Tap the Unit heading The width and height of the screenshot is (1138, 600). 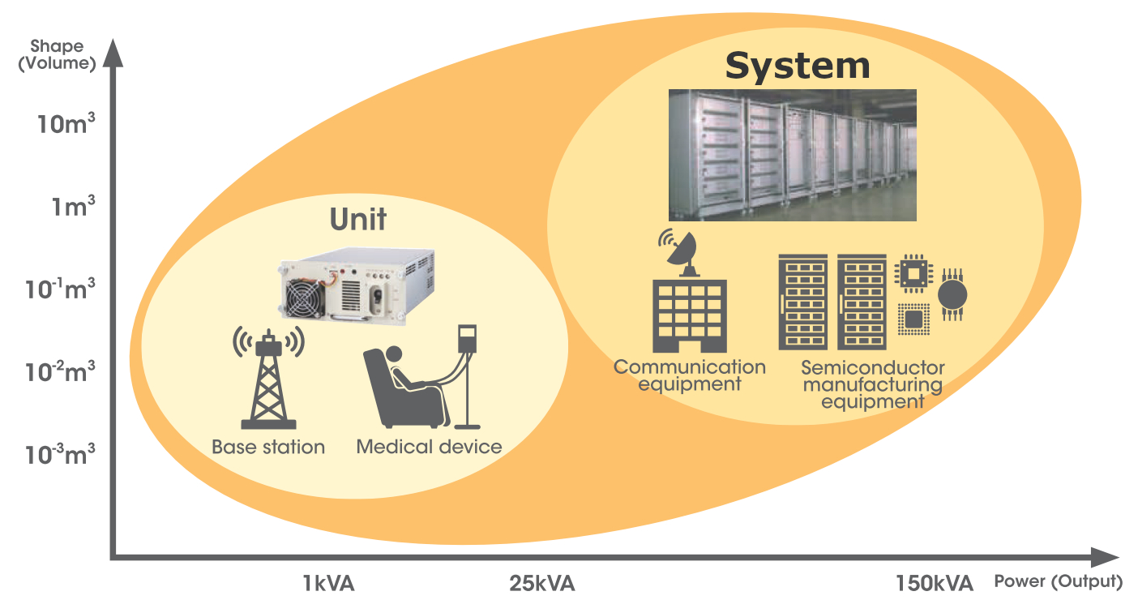click(x=357, y=220)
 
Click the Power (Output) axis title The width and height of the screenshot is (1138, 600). click(x=1058, y=581)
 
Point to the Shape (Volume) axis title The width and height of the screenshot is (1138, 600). click(x=57, y=55)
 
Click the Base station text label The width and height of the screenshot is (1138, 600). click(x=268, y=447)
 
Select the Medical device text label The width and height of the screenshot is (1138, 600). click(x=429, y=447)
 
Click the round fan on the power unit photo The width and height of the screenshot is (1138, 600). click(x=305, y=301)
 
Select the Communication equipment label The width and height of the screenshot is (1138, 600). click(x=690, y=375)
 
